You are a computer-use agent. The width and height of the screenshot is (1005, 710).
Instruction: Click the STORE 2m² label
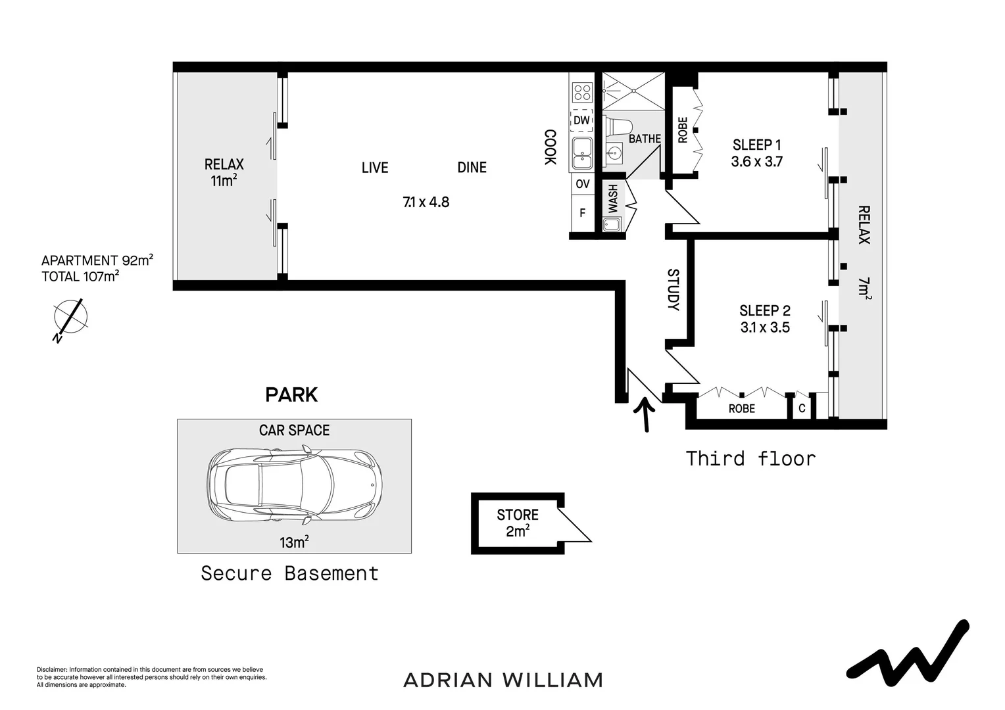pos(518,523)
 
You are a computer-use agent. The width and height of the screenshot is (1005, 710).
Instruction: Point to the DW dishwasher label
pos(581,120)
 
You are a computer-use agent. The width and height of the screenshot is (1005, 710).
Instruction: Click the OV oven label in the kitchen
pos(582,184)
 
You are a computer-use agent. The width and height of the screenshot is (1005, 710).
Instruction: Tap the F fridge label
pos(582,213)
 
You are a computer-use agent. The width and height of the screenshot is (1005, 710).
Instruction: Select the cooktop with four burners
pos(582,91)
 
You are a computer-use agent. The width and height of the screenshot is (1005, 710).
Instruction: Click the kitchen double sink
pos(581,154)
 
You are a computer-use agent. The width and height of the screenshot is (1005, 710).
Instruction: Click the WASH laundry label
pos(613,198)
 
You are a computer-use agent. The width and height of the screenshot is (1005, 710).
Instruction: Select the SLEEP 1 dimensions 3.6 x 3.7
pos(756,162)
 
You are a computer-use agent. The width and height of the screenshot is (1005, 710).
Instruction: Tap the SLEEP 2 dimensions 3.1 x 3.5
pos(764,327)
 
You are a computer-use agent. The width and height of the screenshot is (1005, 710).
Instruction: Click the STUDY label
pos(673,289)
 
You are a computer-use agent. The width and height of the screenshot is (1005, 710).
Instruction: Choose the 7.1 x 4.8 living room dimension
pos(426,202)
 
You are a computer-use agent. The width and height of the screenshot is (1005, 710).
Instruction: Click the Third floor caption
pos(750,458)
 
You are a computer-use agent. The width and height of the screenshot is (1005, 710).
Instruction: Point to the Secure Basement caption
pos(289,573)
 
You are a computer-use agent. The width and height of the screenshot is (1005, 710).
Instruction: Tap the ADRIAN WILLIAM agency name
pos(502,680)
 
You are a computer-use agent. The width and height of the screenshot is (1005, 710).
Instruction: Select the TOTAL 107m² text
pos(80,277)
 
